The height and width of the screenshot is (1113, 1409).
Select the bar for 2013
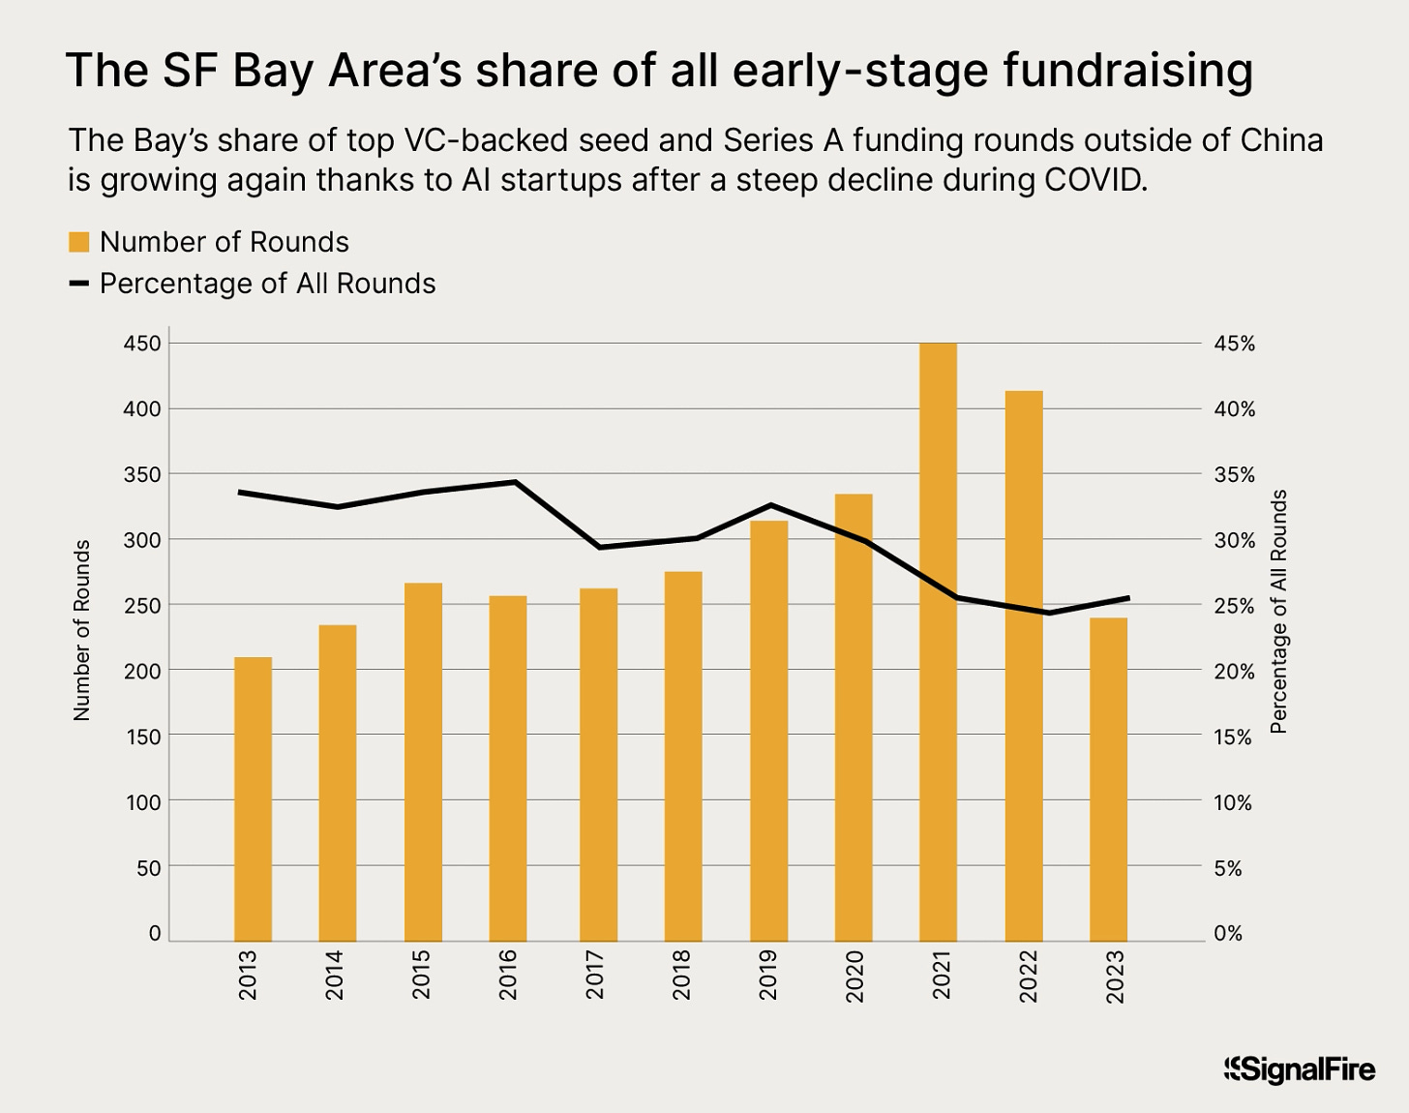point(253,798)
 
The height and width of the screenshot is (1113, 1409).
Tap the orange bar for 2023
point(1108,779)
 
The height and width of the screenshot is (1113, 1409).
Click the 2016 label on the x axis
point(508,975)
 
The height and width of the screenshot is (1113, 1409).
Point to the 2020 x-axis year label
point(854,975)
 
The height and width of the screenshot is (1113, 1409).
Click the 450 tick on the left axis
point(142,344)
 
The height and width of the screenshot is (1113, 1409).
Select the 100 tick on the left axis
point(142,801)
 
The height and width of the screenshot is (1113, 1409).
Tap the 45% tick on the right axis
point(1234,344)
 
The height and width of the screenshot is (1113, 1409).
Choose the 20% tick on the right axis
point(1234,671)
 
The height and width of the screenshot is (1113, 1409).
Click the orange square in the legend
point(79,242)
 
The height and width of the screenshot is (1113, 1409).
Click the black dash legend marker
point(79,284)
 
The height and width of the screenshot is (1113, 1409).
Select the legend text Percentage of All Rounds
point(268,284)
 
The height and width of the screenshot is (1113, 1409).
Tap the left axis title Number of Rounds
point(82,630)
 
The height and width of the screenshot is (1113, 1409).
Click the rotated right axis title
point(1278,612)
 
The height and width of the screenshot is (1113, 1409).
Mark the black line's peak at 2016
point(516,482)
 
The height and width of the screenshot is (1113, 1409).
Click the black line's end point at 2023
point(1127,598)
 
